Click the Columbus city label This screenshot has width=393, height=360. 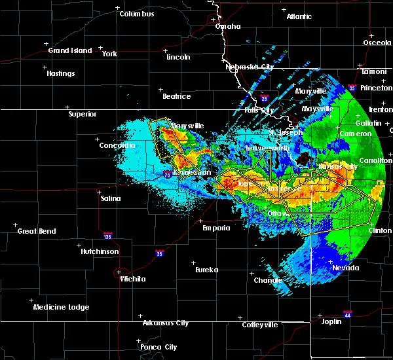[x=136, y=14]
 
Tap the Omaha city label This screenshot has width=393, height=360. [x=227, y=27]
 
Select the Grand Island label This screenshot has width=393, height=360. [x=68, y=50]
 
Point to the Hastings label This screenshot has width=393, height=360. [x=60, y=73]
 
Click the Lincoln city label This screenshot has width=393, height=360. [x=178, y=57]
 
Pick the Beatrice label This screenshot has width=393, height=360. [x=176, y=96]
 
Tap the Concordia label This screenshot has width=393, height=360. [x=118, y=145]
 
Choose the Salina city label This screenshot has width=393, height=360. [x=110, y=197]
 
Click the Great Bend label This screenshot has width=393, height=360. [x=37, y=231]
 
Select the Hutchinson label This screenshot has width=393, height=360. [x=100, y=251]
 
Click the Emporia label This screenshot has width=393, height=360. [x=215, y=228]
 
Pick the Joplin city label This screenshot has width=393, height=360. [x=333, y=321]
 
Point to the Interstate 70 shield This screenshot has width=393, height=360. [x=168, y=175]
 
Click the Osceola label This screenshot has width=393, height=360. [x=377, y=43]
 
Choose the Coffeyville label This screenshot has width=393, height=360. [x=259, y=325]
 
